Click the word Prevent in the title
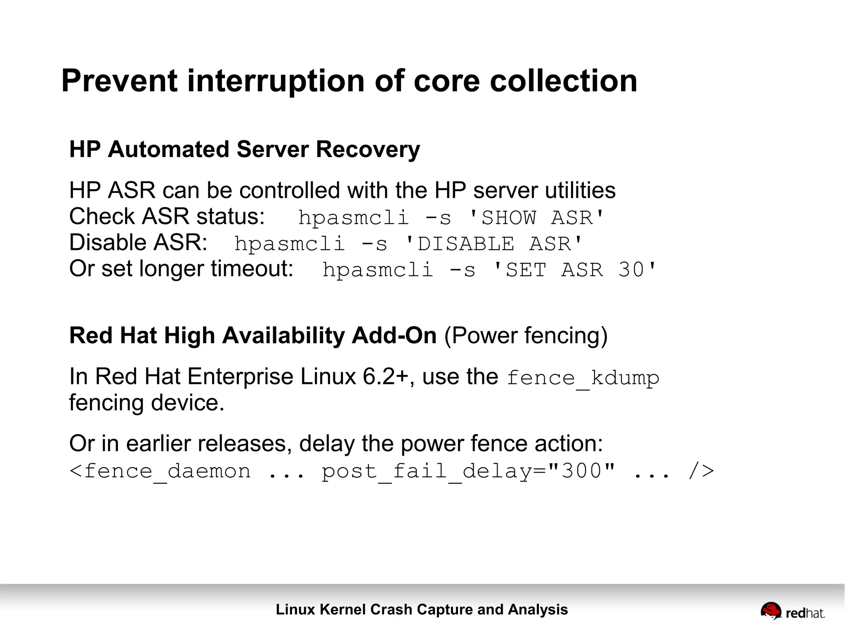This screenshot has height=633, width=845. tap(119, 81)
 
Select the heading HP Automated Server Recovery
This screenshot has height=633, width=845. tap(244, 149)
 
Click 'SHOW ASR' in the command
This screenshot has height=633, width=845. tap(536, 218)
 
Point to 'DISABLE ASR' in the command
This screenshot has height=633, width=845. tap(493, 244)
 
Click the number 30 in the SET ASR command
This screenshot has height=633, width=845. tap(631, 270)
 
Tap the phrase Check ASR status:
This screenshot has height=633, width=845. tap(167, 216)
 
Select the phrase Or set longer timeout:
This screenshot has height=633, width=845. tap(181, 269)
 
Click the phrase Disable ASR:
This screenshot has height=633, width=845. tap(138, 242)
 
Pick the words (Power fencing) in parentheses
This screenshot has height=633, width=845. tap(526, 335)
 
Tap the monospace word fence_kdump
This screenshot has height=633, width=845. tap(583, 378)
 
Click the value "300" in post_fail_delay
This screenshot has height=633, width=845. tap(582, 471)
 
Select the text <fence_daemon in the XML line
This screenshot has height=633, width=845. tap(160, 471)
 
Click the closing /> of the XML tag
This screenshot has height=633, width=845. tap(701, 471)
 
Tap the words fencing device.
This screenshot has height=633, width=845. tap(146, 403)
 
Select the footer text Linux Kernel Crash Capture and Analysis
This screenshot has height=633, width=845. tap(422, 609)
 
